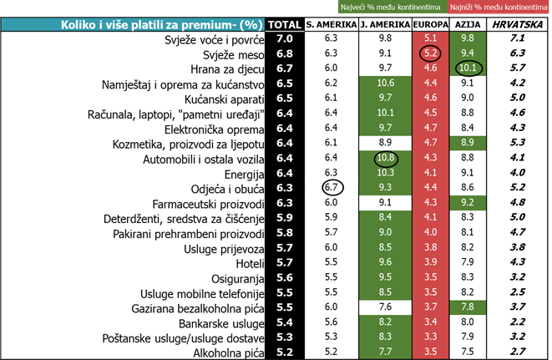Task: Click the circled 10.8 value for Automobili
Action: [386, 158]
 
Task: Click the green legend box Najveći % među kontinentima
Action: [389, 8]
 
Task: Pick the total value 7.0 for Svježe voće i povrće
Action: [284, 38]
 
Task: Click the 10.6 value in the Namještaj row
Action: [386, 84]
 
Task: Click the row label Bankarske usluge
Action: [222, 323]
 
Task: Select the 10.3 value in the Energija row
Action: [386, 174]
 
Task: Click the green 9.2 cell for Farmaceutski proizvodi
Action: [467, 204]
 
